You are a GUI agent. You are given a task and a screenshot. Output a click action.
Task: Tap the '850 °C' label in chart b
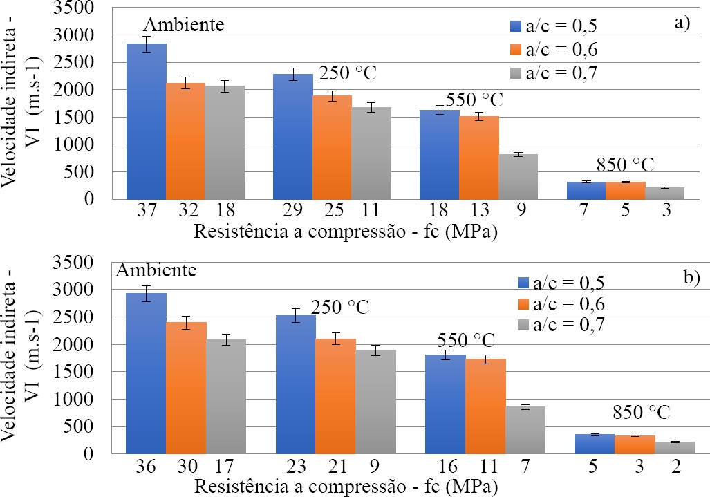pyautogui.click(x=641, y=413)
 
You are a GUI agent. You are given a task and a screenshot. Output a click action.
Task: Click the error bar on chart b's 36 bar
pyautogui.click(x=146, y=293)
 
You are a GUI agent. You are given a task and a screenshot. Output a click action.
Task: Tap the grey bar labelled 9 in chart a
pyautogui.click(x=518, y=176)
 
